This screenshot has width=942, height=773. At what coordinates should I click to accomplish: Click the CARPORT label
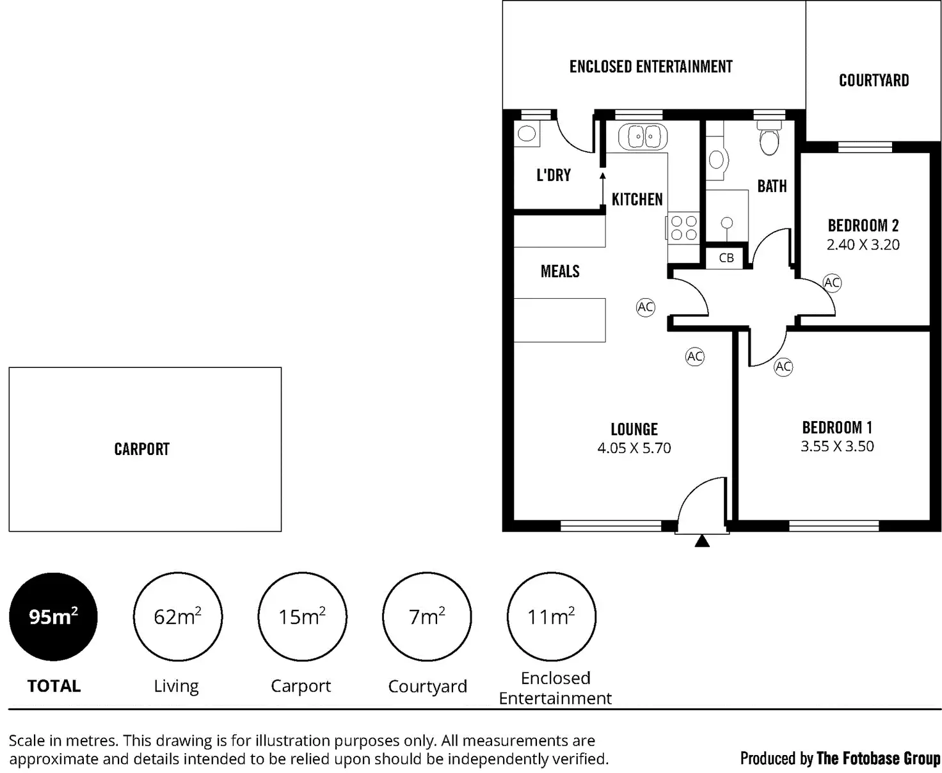pos(141,449)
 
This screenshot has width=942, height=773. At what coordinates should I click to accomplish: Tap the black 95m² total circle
pos(53,616)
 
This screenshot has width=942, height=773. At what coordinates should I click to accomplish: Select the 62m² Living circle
pos(177,616)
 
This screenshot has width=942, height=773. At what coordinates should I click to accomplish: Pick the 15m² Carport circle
pos(302,616)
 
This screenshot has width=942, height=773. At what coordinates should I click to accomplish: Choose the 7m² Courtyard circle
pos(427,616)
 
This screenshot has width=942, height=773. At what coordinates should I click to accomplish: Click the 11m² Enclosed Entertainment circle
pos(551,616)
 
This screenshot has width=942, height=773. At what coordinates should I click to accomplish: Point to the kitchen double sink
pos(643,136)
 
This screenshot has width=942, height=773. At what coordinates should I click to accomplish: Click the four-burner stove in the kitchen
pos(683,228)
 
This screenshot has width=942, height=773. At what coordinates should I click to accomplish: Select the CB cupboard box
pos(726,258)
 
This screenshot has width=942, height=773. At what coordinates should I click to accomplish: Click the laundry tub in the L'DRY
pos(527,134)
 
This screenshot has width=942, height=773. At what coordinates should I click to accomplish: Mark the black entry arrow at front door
pos(702,541)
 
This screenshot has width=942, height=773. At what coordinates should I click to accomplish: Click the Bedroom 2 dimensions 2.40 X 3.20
pos(863,244)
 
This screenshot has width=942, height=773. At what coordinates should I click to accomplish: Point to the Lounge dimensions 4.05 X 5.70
pos(634,448)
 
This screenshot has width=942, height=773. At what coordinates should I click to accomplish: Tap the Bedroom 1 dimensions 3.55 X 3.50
pos(837,447)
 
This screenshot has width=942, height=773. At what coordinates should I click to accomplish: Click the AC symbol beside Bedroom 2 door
pos(831,283)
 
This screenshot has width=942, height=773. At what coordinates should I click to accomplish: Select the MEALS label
pos(560,271)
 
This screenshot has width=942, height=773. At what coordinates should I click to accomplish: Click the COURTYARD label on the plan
pos(874,81)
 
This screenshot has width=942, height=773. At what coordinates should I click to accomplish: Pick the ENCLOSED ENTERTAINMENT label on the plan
pos(651,67)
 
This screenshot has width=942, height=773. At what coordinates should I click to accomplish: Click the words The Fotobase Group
pos(879,758)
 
